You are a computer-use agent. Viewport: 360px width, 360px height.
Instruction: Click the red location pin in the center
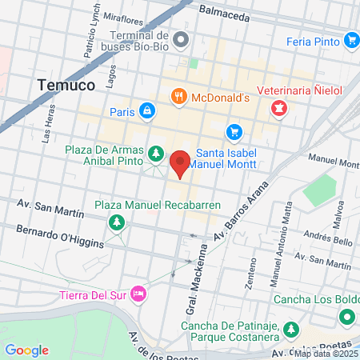click(x=180, y=163)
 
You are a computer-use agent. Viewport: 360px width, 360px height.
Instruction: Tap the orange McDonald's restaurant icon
click(x=180, y=97)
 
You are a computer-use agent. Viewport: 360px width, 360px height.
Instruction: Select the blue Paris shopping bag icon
click(x=146, y=110)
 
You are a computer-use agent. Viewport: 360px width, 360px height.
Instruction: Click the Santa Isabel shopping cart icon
click(x=234, y=131)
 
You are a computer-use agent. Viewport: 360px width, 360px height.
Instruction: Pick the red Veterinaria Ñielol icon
click(x=278, y=107)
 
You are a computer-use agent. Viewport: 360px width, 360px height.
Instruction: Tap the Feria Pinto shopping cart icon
click(x=350, y=39)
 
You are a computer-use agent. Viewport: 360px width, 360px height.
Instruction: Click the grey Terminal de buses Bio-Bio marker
click(x=182, y=38)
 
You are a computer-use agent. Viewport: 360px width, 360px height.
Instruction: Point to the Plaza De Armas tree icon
click(x=155, y=152)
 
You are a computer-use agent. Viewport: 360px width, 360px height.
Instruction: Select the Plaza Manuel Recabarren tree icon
click(x=118, y=221)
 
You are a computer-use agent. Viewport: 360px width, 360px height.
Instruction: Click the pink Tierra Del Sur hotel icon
click(x=138, y=294)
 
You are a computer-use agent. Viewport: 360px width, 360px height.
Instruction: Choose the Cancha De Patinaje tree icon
click(x=291, y=329)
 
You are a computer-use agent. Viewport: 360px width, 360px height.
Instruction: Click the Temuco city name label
click(x=66, y=83)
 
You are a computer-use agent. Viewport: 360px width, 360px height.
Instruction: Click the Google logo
click(x=26, y=350)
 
